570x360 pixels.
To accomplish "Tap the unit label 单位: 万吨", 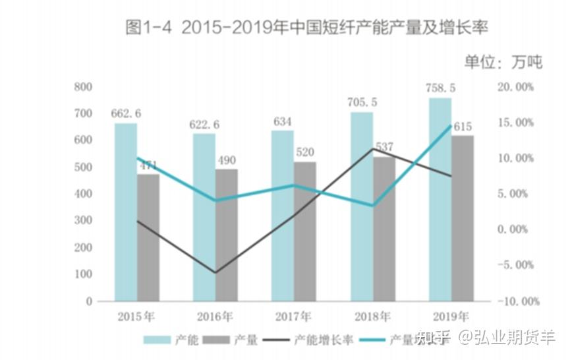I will [x=503, y=62].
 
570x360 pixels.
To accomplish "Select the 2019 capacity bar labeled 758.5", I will [x=440, y=198].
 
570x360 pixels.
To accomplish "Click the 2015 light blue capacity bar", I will [x=126, y=211].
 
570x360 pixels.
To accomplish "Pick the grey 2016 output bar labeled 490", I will [x=227, y=234].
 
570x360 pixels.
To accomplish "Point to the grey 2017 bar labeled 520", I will [x=305, y=231].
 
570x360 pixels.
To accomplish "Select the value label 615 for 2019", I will [x=463, y=127].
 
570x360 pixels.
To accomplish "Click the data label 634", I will [x=282, y=121].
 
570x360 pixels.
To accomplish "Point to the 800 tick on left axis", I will [x=83, y=86].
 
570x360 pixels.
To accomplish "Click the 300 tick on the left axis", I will [x=83, y=220].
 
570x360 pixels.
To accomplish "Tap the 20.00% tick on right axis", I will [x=515, y=87].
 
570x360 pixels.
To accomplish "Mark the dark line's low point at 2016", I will [x=216, y=272].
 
